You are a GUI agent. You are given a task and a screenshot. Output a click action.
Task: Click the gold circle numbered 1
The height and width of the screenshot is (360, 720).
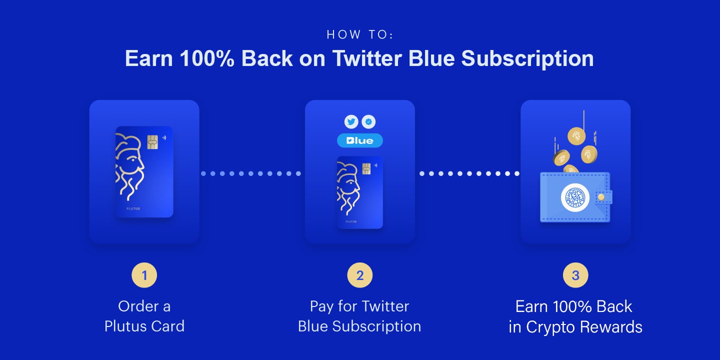pyautogui.click(x=144, y=275)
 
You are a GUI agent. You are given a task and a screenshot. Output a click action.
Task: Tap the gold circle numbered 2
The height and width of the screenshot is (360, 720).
pyautogui.click(x=360, y=275)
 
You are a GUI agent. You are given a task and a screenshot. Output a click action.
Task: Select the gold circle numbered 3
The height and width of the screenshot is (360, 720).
pyautogui.click(x=575, y=275)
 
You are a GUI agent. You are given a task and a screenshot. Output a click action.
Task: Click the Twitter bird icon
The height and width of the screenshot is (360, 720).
pyautogui.click(x=351, y=122)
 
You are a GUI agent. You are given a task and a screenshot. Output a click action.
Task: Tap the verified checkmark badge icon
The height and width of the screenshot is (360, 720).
pyautogui.click(x=368, y=122)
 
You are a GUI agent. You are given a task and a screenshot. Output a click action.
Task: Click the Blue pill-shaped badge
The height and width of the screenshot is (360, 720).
pyautogui.click(x=360, y=140)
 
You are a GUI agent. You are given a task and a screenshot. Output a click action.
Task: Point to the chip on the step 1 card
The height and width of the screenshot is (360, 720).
pyautogui.click(x=152, y=142)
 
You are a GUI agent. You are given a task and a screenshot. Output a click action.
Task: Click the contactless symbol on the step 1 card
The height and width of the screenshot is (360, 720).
pyautogui.click(x=164, y=137)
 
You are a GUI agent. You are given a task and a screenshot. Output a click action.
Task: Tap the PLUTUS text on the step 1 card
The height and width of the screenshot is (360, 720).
pyautogui.click(x=133, y=208)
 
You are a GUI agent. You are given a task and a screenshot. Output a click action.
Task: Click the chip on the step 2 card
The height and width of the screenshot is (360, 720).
pyautogui.click(x=366, y=168)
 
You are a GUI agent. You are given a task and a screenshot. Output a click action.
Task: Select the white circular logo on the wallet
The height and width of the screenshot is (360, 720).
pyautogui.click(x=575, y=197)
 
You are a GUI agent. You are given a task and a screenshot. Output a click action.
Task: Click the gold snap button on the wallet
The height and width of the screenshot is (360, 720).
pyautogui.click(x=601, y=197)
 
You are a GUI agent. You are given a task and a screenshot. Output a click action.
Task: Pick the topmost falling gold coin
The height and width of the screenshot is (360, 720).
pyautogui.click(x=576, y=136)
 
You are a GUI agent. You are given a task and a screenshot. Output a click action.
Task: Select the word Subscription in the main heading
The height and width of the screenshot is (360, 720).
pyautogui.click(x=527, y=59)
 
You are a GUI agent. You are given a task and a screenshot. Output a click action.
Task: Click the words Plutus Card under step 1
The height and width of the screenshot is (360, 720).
pyautogui.click(x=144, y=326)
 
